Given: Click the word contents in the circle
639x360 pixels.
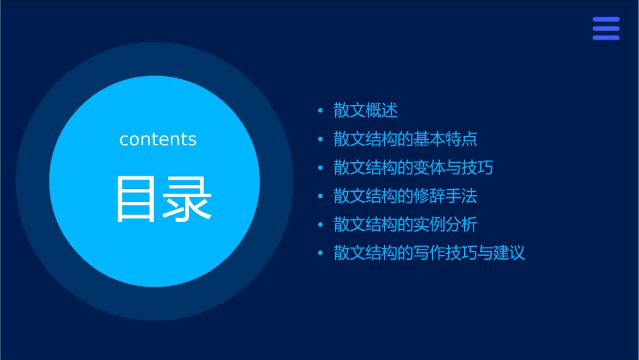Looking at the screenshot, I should pyautogui.click(x=158, y=139).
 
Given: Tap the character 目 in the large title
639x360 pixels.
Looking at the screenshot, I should pyautogui.click(x=135, y=199).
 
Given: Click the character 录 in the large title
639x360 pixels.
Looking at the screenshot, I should pyautogui.click(x=188, y=199).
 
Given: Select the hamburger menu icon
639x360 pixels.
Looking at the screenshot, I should pyautogui.click(x=605, y=29).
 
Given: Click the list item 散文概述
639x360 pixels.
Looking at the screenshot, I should pyautogui.click(x=366, y=110).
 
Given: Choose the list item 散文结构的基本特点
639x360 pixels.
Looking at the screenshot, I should pyautogui.click(x=406, y=139).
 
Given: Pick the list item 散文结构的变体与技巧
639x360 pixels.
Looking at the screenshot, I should pyautogui.click(x=414, y=168).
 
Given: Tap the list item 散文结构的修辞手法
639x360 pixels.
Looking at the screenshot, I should pyautogui.click(x=406, y=196).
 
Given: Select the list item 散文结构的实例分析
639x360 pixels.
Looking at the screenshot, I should pyautogui.click(x=406, y=225).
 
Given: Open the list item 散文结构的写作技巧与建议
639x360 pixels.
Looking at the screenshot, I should pyautogui.click(x=429, y=253).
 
